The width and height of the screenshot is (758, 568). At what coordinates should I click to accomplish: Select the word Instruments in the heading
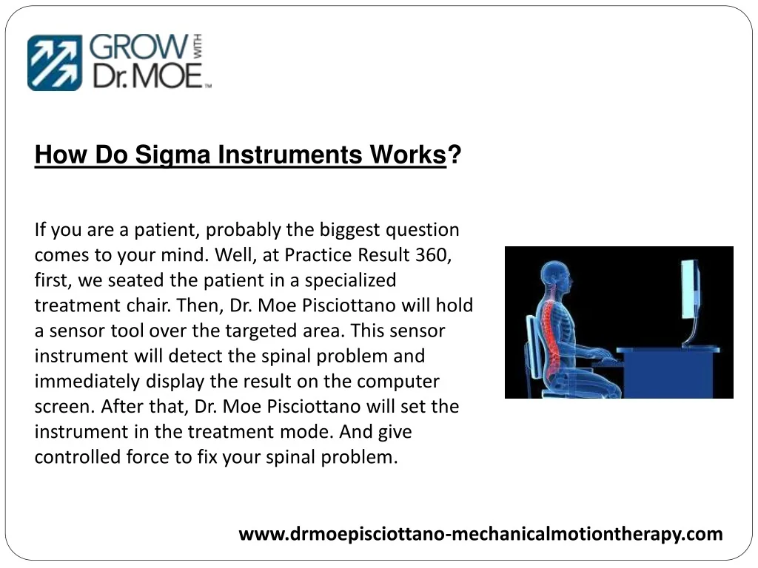coord(289,155)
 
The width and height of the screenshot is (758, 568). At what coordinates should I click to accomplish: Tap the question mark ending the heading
coord(455,155)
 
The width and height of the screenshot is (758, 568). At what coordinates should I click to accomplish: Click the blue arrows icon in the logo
coord(55,62)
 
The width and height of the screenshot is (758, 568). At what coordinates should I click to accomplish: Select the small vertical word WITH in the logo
coord(197,47)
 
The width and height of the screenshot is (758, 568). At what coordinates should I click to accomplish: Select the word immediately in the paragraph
coord(87,381)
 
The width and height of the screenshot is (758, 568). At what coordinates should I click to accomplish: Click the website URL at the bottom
coord(480,534)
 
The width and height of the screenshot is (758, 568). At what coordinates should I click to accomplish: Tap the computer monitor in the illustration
coord(691,290)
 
